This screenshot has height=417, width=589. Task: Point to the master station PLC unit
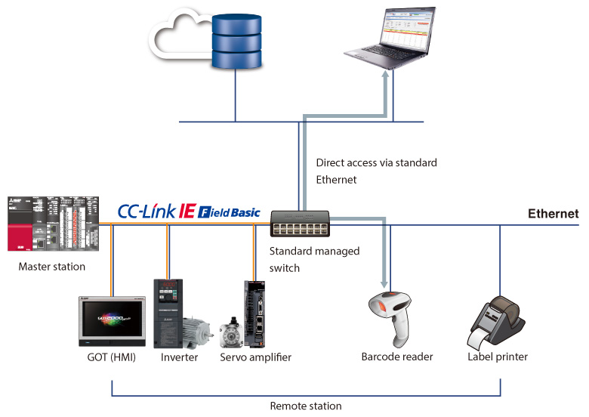[x=48, y=224]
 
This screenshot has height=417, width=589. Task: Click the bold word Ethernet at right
[x=553, y=215]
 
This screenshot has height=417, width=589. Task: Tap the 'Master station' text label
[x=51, y=267]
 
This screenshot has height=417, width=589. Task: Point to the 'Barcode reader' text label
[x=397, y=357]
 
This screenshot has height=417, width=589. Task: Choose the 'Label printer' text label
[x=498, y=357]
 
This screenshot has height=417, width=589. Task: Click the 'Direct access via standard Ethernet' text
[x=376, y=171]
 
